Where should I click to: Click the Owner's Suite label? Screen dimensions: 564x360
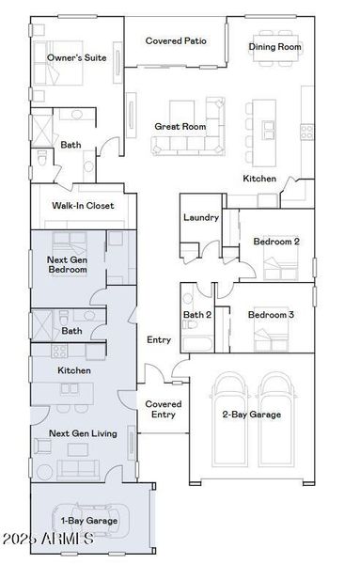(77, 57)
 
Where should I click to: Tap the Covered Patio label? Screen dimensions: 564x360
(176, 41)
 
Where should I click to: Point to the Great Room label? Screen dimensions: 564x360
(180, 126)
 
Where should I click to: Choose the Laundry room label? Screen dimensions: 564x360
(201, 217)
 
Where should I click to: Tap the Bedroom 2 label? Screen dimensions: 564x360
(276, 242)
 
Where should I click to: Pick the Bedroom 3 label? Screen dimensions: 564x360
(271, 315)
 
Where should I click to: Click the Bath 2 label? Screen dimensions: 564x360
(197, 315)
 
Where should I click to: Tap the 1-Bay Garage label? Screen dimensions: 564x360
(89, 520)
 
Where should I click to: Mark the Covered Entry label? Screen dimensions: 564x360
(164, 409)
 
